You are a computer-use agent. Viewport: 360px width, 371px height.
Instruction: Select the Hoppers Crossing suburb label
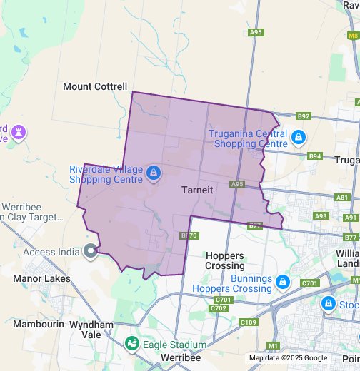224,260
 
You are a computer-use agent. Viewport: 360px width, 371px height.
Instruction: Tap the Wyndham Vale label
91,330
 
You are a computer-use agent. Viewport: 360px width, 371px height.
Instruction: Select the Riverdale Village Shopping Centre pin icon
153,173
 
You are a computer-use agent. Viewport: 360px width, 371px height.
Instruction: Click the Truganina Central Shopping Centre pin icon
299,136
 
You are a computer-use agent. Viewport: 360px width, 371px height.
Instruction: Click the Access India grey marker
90,251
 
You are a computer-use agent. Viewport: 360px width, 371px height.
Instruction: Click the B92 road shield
304,116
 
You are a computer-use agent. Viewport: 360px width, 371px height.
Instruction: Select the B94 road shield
315,156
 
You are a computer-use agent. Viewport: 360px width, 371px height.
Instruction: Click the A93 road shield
321,215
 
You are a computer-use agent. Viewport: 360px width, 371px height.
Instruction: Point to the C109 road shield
249,322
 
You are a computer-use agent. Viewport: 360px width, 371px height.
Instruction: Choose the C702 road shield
219,309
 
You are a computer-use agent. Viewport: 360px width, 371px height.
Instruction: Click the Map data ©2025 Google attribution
288,358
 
